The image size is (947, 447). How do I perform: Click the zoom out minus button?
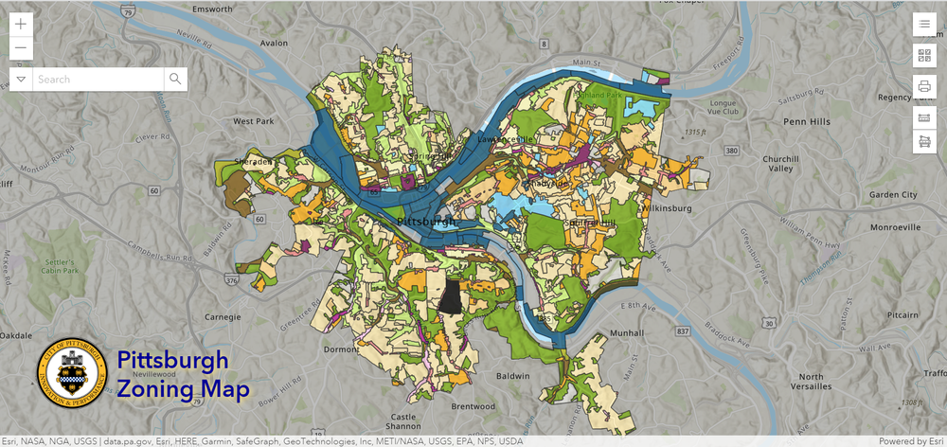(x=21, y=49)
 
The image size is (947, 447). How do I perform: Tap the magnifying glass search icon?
(x=175, y=80)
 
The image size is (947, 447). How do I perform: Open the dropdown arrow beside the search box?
(x=21, y=80)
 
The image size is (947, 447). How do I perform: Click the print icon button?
(x=924, y=87)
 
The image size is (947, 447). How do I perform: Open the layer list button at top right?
(x=924, y=25)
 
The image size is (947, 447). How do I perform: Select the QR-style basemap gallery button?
(x=924, y=56)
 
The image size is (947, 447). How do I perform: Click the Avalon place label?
(x=274, y=43)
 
